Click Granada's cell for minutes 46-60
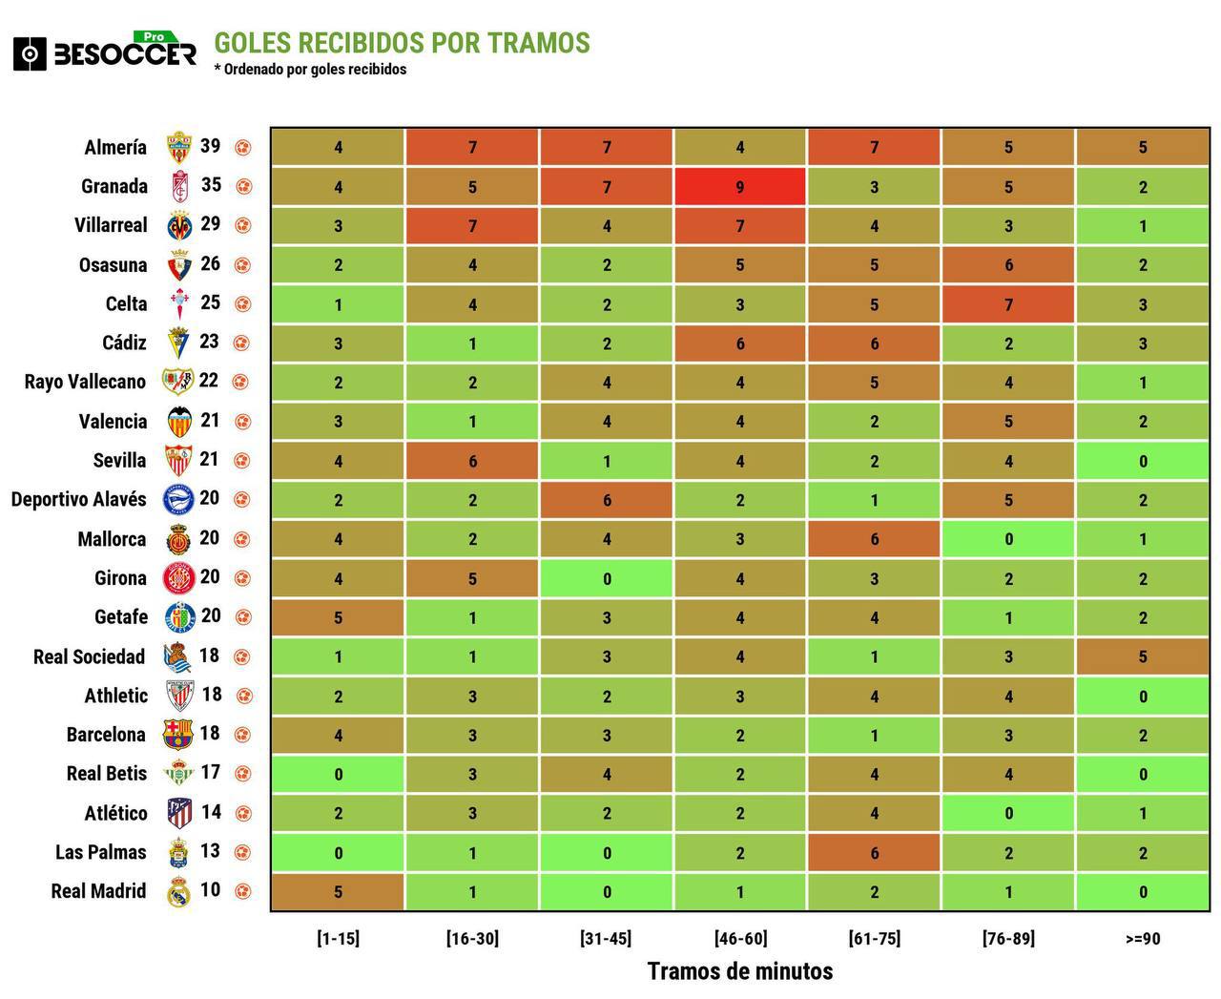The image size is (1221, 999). (740, 187)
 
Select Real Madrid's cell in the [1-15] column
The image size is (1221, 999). (338, 892)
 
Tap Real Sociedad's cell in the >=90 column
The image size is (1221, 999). (1142, 656)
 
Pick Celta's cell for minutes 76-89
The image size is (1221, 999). (1007, 304)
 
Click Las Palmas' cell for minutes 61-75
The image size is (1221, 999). (874, 853)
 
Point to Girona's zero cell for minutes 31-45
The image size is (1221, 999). (606, 578)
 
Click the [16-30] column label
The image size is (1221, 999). (472, 938)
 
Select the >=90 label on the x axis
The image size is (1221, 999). (1142, 938)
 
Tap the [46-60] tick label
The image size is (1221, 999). (740, 938)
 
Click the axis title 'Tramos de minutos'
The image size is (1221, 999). (740, 971)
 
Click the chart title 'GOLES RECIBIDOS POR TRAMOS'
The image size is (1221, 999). (402, 43)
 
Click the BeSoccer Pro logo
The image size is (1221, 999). (105, 52)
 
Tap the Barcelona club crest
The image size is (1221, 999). (178, 735)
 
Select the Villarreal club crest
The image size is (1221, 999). (178, 226)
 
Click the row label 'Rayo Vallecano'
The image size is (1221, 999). (85, 382)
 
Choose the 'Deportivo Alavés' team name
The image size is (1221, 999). (79, 499)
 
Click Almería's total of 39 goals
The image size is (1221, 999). (210, 146)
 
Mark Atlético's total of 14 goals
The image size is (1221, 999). (211, 812)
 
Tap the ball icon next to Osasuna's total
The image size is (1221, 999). (243, 265)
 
